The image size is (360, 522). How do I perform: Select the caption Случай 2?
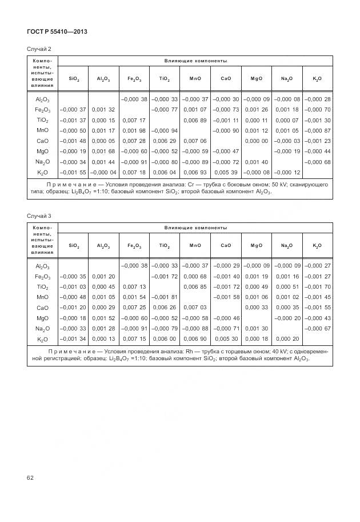pos(38,49)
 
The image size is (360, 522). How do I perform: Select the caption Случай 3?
pos(38,215)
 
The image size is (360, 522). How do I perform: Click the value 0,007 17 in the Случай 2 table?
pos(134,120)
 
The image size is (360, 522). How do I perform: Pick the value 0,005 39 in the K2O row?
pos(226,172)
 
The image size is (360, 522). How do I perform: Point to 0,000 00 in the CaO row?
pos(257,141)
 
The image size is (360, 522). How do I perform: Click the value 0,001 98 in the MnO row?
pos(134,130)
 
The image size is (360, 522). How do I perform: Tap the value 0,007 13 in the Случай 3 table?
pos(134,286)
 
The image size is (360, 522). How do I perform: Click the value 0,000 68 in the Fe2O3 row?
pos(195,276)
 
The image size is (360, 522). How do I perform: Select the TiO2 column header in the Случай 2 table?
pos(165,78)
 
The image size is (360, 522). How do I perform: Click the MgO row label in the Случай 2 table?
pos(42,151)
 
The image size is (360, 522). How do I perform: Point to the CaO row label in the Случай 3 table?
pos(42,307)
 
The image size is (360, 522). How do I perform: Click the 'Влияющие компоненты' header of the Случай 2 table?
pos(195,60)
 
